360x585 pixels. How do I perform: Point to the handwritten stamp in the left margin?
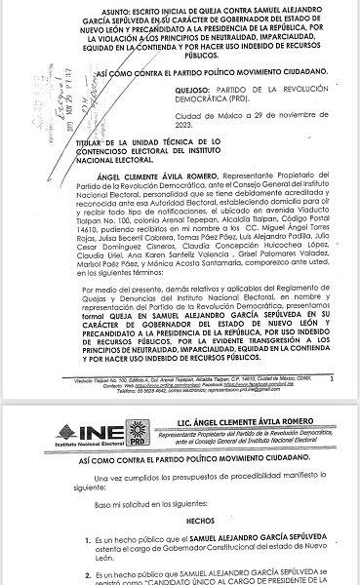[39, 106]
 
